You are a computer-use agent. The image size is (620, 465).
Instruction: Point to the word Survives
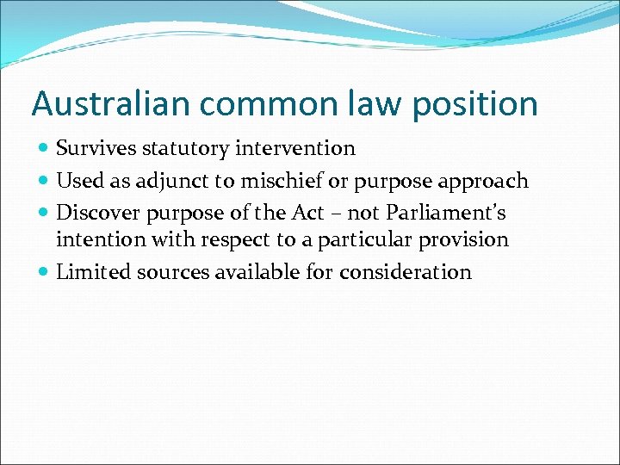tap(93, 148)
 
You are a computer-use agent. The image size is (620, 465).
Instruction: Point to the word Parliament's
tap(445, 212)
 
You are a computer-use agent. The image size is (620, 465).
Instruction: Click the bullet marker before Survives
tap(44, 149)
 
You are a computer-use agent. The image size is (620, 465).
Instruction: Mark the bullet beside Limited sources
tap(44, 273)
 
